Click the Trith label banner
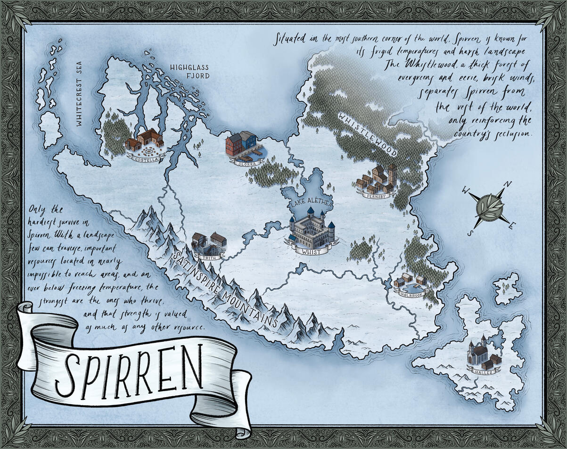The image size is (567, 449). [x=207, y=258]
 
